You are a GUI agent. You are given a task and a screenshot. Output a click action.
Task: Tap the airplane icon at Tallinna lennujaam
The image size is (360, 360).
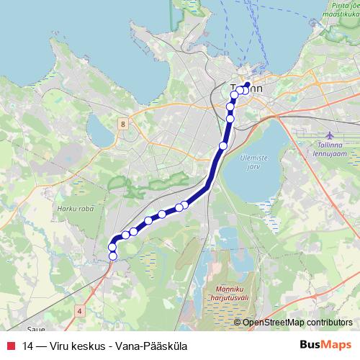[x=330, y=135]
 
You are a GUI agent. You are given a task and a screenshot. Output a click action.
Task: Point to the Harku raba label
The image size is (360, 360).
[x=71, y=210]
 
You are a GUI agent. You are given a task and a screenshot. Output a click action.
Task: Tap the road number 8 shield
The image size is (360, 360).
[x=123, y=124]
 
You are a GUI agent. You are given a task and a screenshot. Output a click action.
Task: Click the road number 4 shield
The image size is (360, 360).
[x=78, y=310]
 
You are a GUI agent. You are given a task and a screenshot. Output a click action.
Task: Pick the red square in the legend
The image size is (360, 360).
[x=10, y=346]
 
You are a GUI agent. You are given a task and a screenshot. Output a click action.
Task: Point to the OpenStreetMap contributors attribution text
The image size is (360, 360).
[x=297, y=322]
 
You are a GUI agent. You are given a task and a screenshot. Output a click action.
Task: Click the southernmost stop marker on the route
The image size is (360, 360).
[x=112, y=256]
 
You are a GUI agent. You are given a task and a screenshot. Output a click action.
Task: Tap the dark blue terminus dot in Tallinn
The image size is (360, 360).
[x=248, y=84]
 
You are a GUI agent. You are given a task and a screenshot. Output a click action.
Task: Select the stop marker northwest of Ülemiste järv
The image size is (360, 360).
[x=223, y=145]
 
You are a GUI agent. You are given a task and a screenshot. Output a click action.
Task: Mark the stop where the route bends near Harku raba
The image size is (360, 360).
[x=115, y=240]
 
